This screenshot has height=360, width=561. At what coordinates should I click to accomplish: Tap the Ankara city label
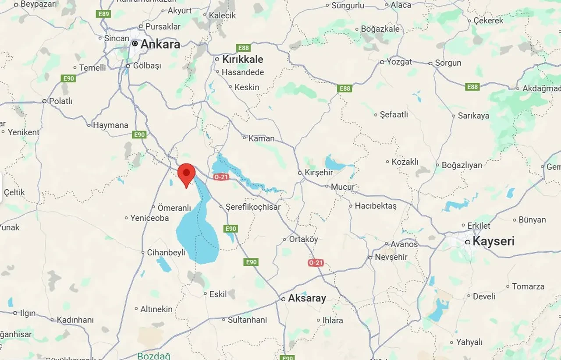point(160,44)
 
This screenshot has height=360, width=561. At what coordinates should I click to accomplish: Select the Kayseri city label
point(494,241)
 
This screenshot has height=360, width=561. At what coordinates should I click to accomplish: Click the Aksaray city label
point(307,298)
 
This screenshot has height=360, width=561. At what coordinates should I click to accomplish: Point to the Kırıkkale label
point(242,59)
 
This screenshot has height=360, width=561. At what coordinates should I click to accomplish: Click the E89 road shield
point(103,14)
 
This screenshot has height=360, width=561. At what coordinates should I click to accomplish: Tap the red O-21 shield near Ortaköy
point(316,263)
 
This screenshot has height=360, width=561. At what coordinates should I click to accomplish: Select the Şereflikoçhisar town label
point(253,207)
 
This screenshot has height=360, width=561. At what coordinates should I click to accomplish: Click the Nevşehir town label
point(391,257)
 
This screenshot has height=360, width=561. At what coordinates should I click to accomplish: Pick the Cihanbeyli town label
point(166,253)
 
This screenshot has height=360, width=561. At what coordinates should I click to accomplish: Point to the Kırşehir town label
point(319,173)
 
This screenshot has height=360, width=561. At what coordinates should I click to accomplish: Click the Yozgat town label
point(399,62)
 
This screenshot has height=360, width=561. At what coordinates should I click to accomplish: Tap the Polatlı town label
point(60,101)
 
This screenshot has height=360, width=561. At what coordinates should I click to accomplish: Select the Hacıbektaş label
point(376,205)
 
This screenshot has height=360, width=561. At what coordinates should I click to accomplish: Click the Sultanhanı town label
point(247,320)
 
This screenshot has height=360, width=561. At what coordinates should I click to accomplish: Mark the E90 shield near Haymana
point(139,134)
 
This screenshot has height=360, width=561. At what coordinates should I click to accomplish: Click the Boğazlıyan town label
point(462,166)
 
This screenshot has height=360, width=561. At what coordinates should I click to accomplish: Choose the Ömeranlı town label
point(174,208)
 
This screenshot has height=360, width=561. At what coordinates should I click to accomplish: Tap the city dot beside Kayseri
point(468,242)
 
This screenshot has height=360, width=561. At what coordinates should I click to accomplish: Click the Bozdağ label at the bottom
point(153,356)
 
